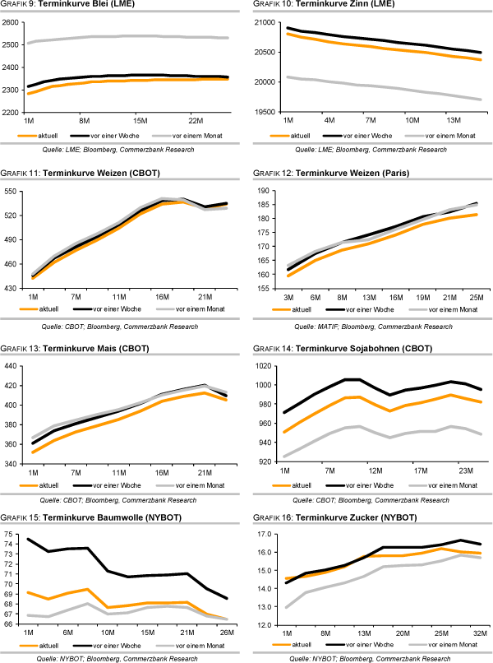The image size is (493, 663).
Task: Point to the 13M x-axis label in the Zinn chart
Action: coord(454,120)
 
